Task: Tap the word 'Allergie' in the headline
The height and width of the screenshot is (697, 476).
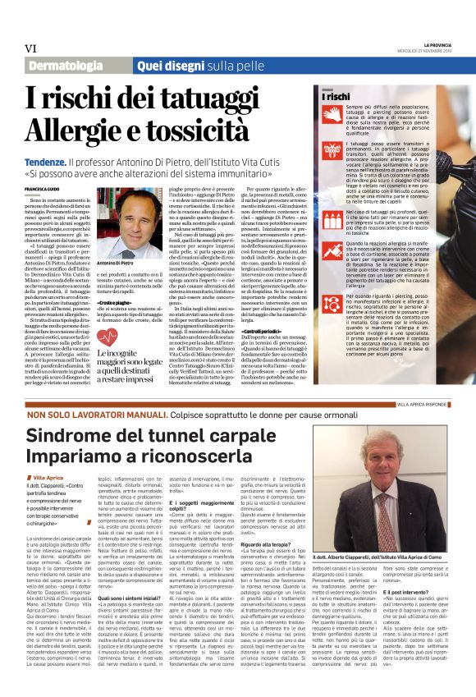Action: pos(71,130)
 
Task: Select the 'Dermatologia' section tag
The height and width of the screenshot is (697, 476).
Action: pos(66,64)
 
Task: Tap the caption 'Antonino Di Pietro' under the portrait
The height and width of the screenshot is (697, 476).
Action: pos(115,264)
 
